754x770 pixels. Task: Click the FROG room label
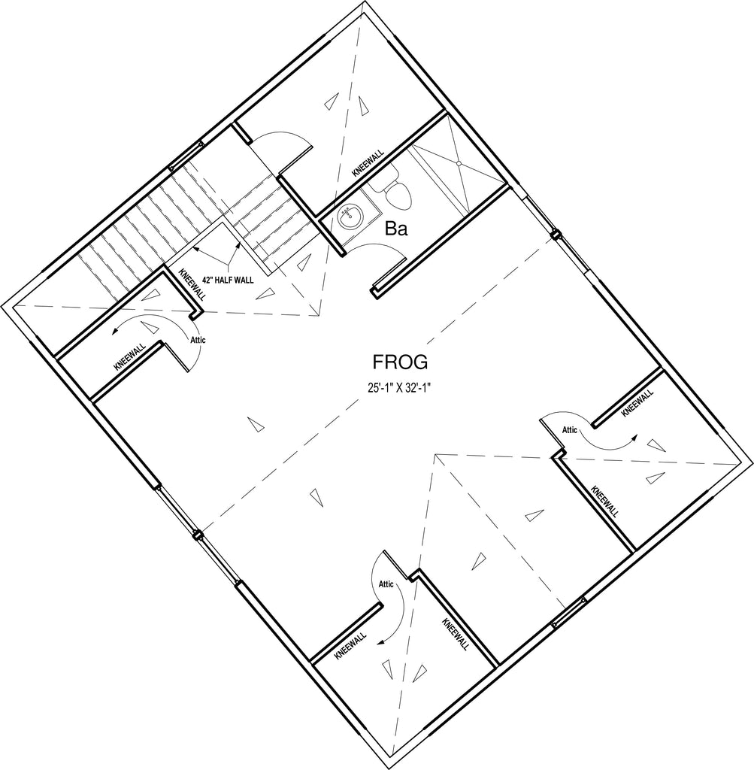[400, 362]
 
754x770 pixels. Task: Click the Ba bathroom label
[395, 229]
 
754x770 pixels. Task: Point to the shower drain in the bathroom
[459, 162]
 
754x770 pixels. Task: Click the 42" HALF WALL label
[228, 280]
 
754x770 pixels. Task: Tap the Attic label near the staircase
[198, 340]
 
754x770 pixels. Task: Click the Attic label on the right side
[569, 429]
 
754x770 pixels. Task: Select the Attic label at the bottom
[386, 584]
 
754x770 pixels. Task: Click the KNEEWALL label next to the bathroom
[368, 163]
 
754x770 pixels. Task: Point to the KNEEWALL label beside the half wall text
[192, 284]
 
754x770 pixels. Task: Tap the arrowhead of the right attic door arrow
[634, 438]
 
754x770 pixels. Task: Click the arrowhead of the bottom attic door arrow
[380, 641]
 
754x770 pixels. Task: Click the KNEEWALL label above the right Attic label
[637, 403]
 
